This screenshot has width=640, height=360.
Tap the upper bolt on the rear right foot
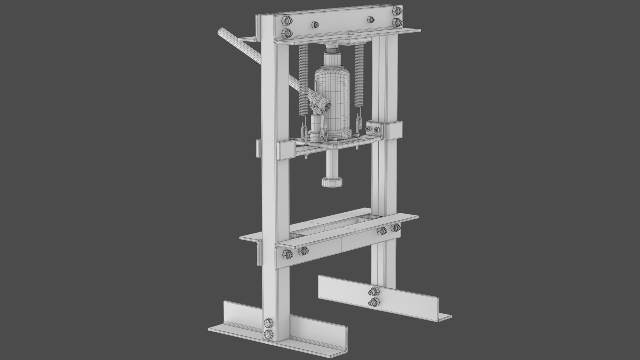tap(373, 292)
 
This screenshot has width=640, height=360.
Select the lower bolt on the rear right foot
tap(373, 302)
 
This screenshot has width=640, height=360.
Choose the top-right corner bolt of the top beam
tap(396, 10)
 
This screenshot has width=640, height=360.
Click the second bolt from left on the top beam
tap(315, 25)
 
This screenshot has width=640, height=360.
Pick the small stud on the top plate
tap(351, 33)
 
